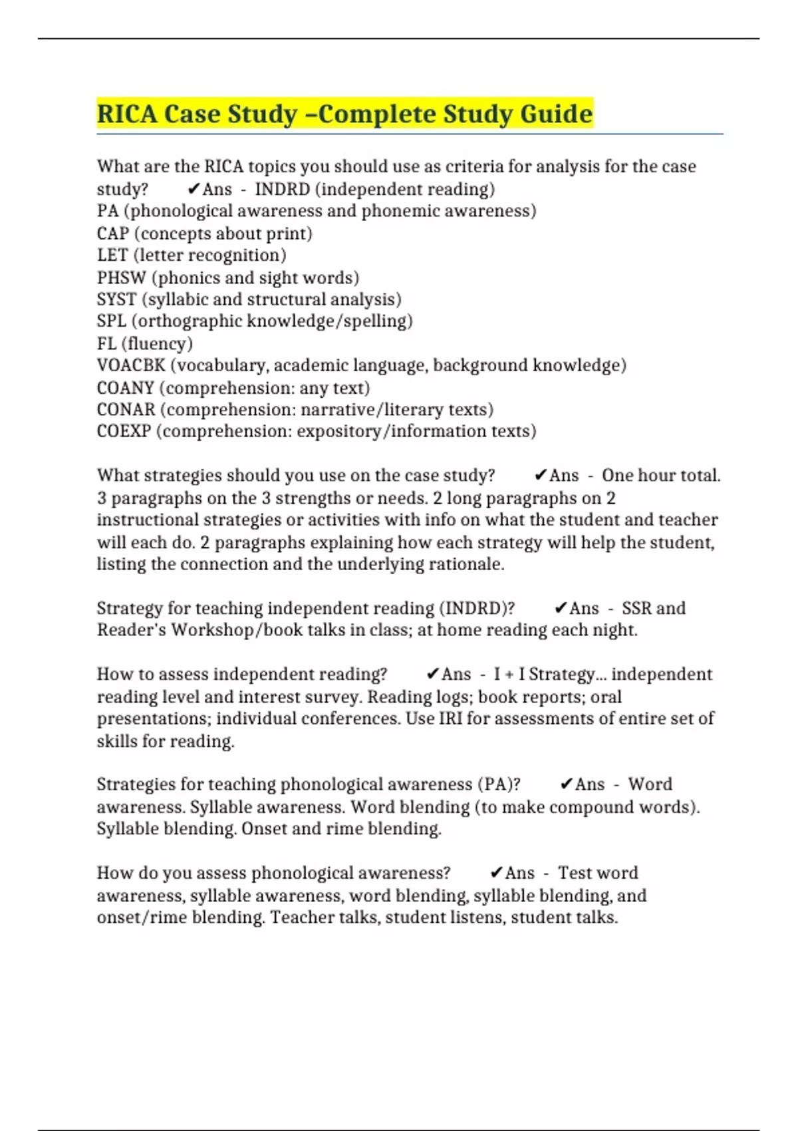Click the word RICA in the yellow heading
pyautogui.click(x=127, y=114)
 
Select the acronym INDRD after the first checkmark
pyautogui.click(x=282, y=190)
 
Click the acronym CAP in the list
pyautogui.click(x=112, y=234)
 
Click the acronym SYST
pyautogui.click(x=116, y=299)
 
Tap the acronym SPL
pyautogui.click(x=111, y=321)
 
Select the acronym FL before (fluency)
pyautogui.click(x=106, y=343)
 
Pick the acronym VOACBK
pyautogui.click(x=130, y=365)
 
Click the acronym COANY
pyautogui.click(x=125, y=387)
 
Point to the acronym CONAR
pyautogui.click(x=126, y=409)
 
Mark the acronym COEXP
pyautogui.click(x=124, y=431)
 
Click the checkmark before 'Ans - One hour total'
pyautogui.click(x=540, y=476)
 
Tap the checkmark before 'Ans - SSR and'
pyautogui.click(x=560, y=608)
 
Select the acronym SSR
pyautogui.click(x=636, y=608)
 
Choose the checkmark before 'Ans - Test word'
pyautogui.click(x=496, y=873)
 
